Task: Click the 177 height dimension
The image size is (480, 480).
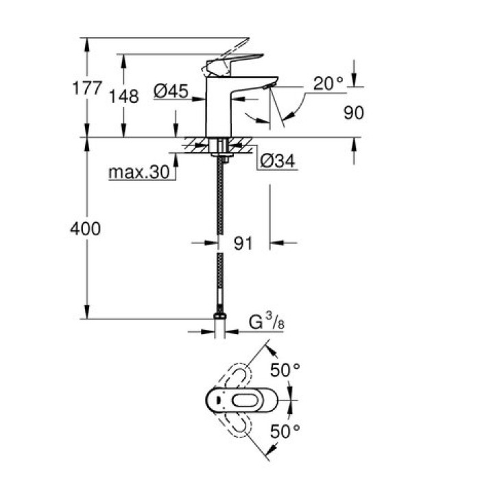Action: (x=87, y=88)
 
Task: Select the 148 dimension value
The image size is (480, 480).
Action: (x=124, y=96)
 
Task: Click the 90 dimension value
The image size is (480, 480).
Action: (x=353, y=113)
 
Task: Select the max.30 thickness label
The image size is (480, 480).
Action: (x=139, y=173)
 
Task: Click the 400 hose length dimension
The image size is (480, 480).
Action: (x=85, y=228)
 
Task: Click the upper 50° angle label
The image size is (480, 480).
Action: (x=284, y=370)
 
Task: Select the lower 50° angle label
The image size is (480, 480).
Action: (x=284, y=431)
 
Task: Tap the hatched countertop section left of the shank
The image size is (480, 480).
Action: (x=195, y=146)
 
